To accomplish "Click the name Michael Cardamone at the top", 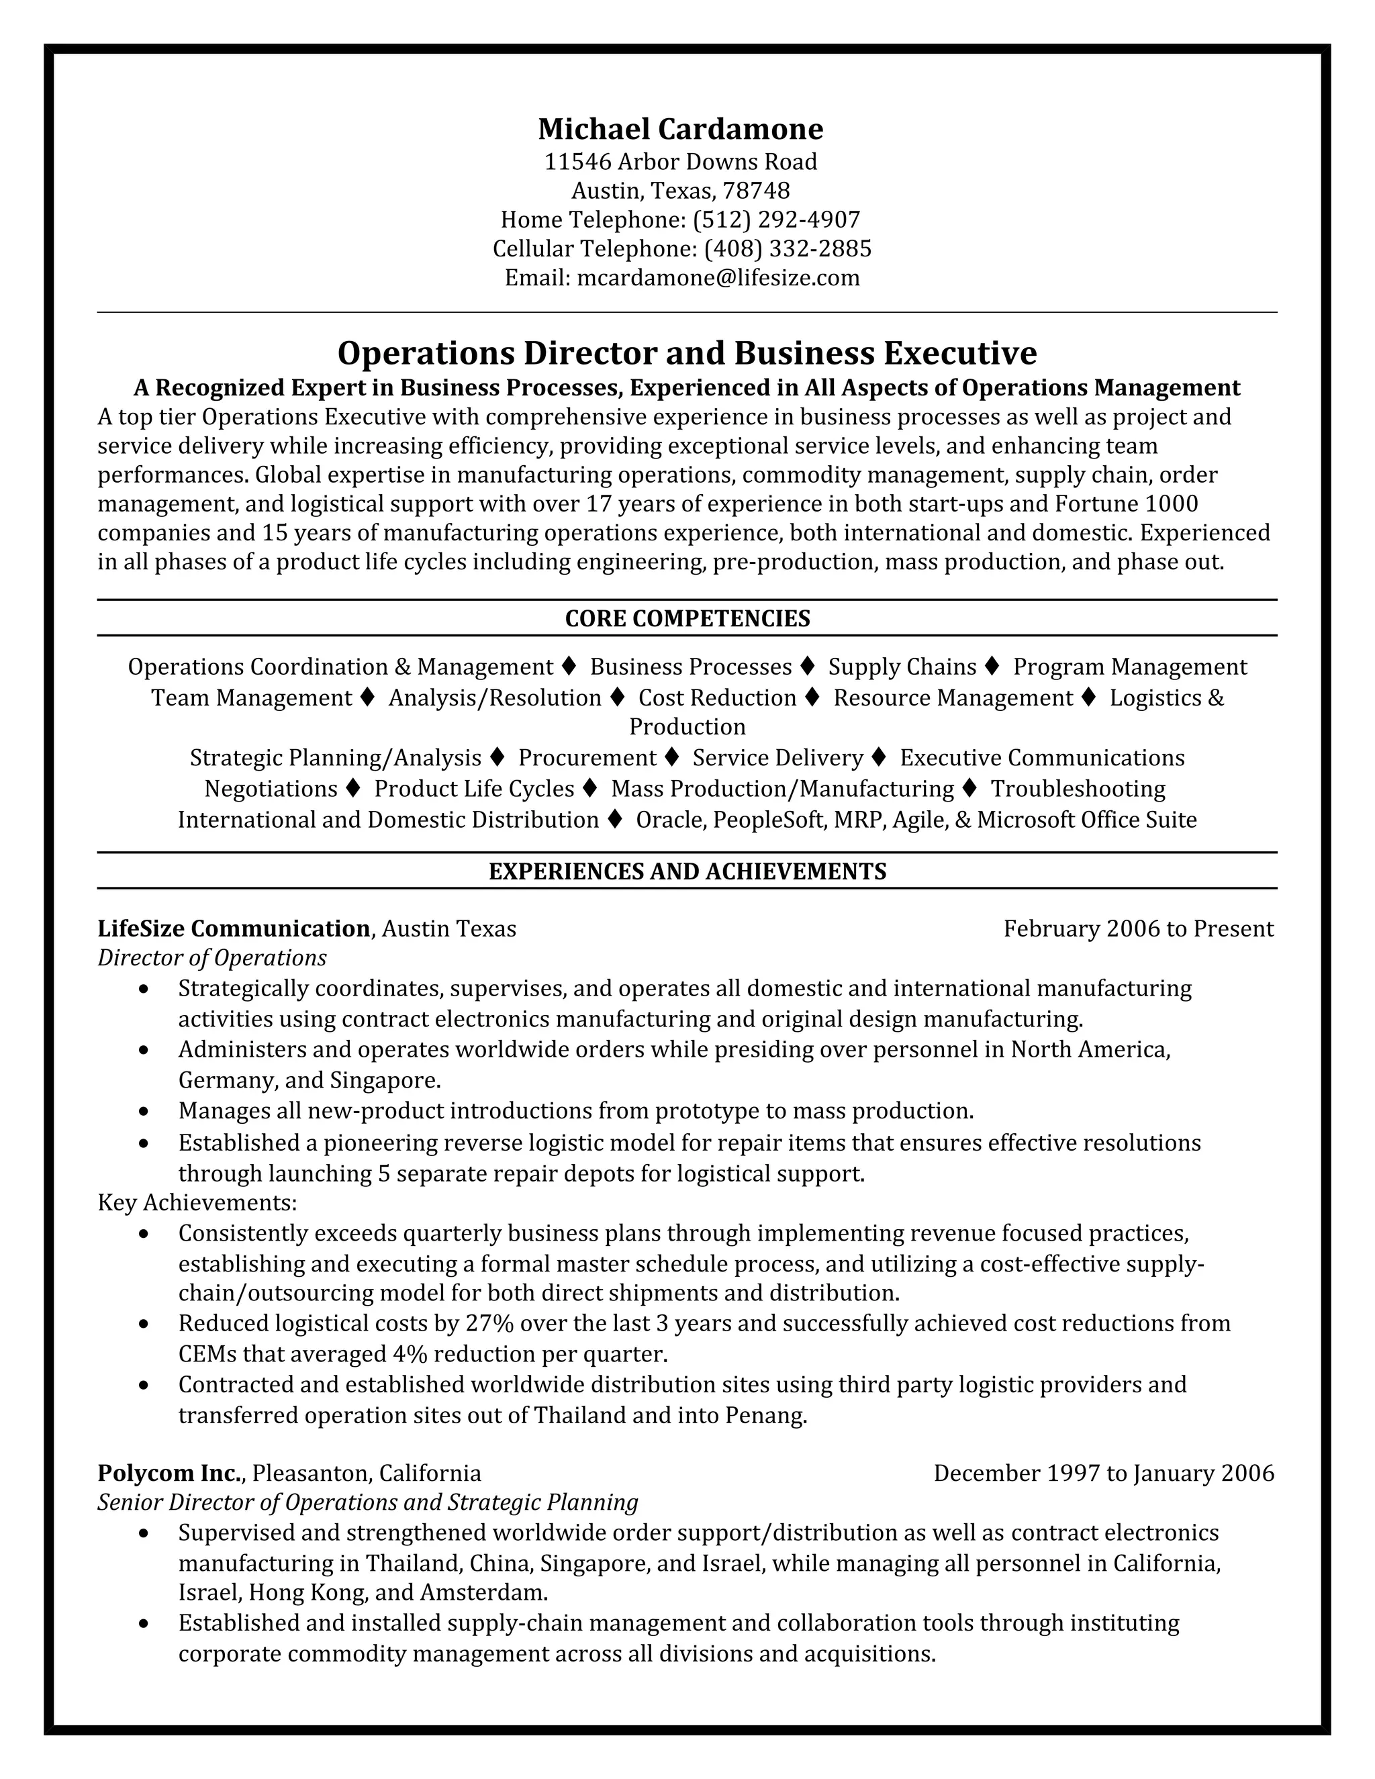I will tap(680, 129).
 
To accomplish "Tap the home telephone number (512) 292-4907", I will tap(775, 219).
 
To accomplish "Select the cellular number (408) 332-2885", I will tap(787, 248).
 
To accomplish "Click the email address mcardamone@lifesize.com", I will tap(718, 278).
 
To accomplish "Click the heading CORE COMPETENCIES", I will tap(687, 618).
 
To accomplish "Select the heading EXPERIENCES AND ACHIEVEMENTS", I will tap(687, 871).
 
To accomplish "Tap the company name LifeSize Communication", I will tap(234, 928).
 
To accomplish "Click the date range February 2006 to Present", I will tap(1138, 928).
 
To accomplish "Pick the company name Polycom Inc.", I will tap(171, 1473).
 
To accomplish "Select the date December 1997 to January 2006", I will tap(1103, 1473).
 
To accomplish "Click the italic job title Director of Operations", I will tap(211, 958).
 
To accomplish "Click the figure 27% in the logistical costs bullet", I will tap(488, 1323).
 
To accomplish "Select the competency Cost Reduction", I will tap(717, 698).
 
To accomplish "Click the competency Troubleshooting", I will tap(1077, 789).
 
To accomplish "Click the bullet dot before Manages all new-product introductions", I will tap(144, 1112).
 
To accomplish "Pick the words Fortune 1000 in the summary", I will tap(1126, 504).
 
